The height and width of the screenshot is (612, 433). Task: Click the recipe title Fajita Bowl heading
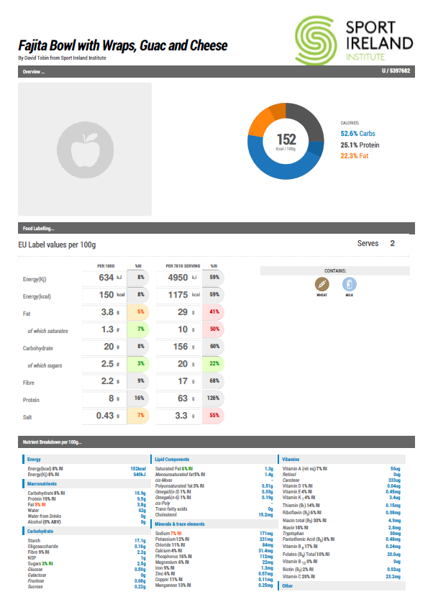coord(123,46)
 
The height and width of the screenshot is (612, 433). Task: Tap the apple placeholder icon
coord(84,149)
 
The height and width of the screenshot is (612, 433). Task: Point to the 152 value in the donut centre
coord(286,139)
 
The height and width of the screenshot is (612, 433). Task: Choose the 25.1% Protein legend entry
coord(360,145)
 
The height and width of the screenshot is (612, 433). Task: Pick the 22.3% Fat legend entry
coord(355,155)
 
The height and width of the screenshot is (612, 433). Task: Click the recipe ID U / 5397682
coord(396,71)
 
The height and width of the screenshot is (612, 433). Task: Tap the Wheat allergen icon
coord(322,284)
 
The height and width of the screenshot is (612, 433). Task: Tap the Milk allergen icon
coord(349,284)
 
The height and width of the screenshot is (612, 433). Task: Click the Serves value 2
coord(392,244)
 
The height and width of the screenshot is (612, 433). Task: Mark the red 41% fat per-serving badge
coord(214,312)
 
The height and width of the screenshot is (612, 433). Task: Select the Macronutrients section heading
coord(42,484)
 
